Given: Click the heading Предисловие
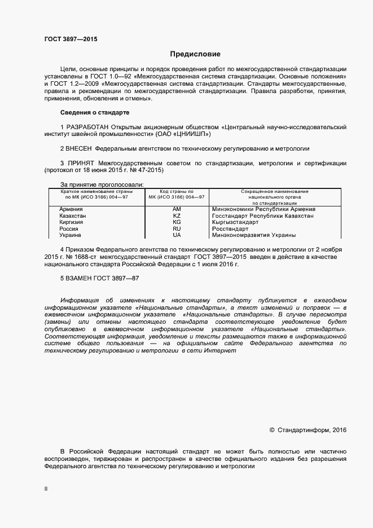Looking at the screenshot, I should click(x=195, y=55).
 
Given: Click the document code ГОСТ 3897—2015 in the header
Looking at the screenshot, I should click(x=71, y=39).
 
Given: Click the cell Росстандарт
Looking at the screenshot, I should click(x=230, y=229).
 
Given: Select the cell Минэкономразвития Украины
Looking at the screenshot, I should click(x=254, y=235).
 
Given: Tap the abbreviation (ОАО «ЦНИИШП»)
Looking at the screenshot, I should click(x=183, y=135).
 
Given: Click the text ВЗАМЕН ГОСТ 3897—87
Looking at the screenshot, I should click(x=103, y=279).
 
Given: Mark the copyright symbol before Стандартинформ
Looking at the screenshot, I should click(x=272, y=430).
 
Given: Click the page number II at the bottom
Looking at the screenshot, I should click(x=46, y=489).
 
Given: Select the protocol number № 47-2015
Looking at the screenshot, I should click(x=146, y=171).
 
